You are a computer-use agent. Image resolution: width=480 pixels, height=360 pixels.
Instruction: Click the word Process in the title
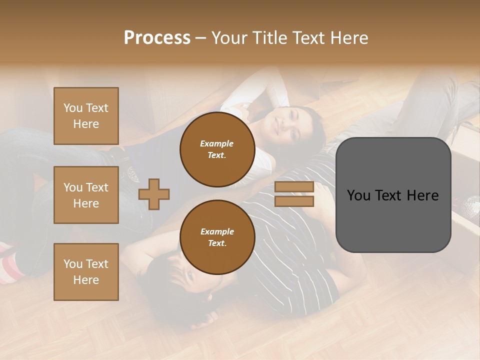click(157, 38)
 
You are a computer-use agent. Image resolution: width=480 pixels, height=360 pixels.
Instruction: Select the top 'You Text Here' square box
click(86, 116)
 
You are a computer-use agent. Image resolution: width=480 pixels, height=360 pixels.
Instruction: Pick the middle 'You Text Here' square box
click(86, 195)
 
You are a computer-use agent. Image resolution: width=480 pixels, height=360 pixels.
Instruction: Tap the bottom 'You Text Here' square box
click(86, 271)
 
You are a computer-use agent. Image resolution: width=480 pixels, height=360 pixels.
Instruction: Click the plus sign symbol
click(154, 194)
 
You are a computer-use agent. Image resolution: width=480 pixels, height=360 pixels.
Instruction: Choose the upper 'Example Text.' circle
click(217, 149)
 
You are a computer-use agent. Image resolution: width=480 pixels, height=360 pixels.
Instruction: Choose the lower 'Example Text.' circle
click(217, 237)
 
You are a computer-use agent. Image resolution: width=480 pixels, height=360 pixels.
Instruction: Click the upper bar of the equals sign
click(294, 187)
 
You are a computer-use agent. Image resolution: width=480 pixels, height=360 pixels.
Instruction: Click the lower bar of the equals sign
click(294, 201)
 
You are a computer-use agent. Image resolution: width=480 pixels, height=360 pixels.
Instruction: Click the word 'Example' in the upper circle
click(217, 143)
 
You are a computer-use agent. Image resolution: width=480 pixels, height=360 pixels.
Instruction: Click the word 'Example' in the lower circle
click(217, 231)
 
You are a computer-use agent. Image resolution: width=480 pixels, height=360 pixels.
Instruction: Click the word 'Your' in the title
click(230, 38)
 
